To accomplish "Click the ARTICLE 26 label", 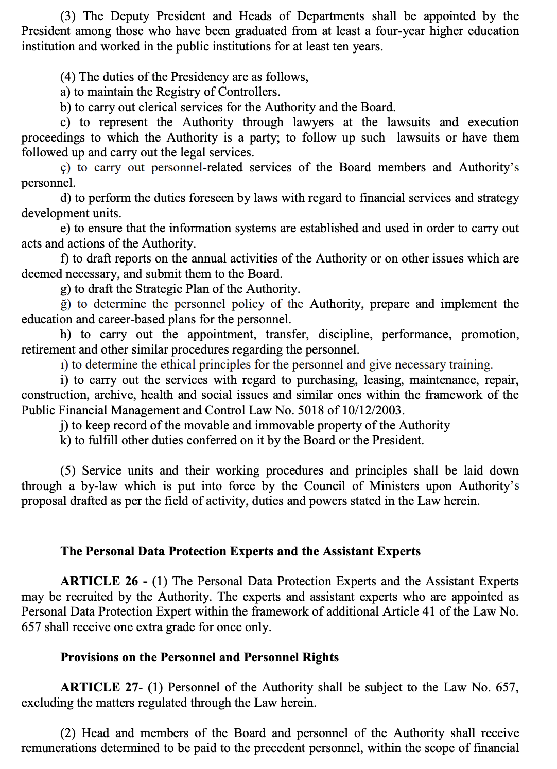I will coord(99,581).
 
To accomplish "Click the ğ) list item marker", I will coord(65,304).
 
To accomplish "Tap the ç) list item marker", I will coord(65,168).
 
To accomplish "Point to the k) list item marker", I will coord(65,441).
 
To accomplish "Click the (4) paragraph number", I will coord(67,77).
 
